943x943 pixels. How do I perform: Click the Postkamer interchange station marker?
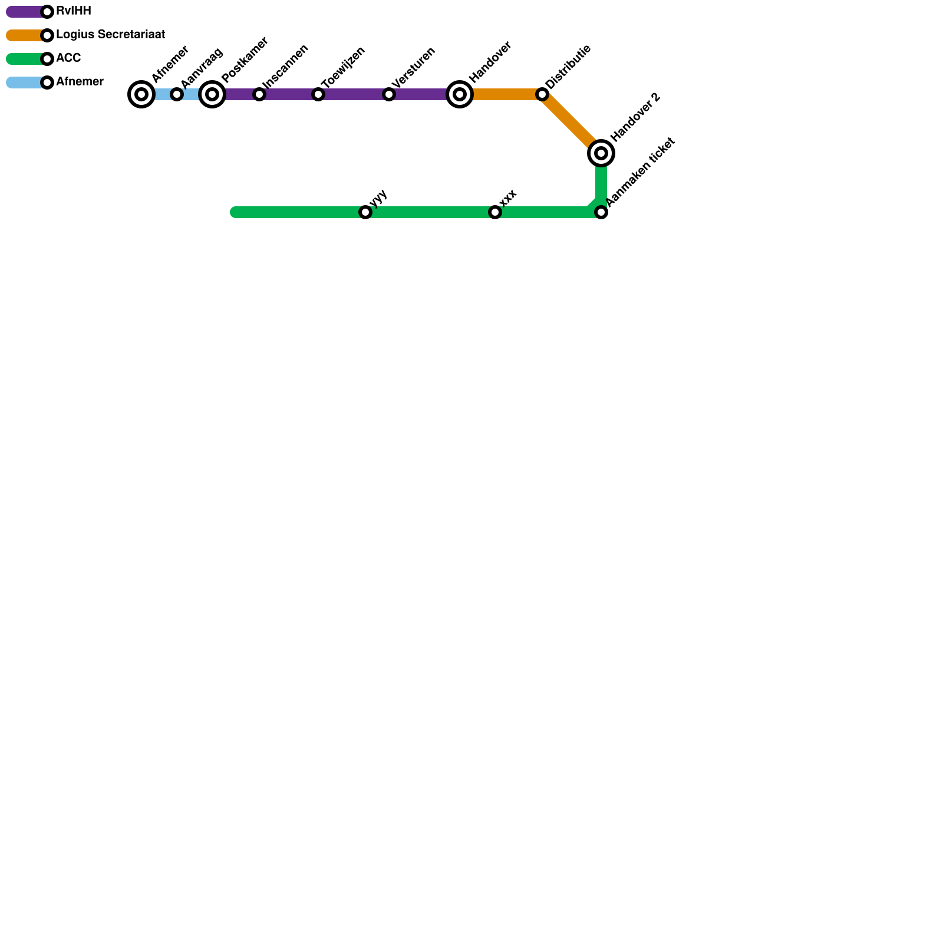pyautogui.click(x=212, y=94)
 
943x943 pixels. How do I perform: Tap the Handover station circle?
pyautogui.click(x=460, y=94)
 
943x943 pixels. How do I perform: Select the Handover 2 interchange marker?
pyautogui.click(x=601, y=153)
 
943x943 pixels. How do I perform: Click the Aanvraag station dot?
pyautogui.click(x=177, y=94)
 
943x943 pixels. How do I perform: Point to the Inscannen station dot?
pyautogui.click(x=259, y=94)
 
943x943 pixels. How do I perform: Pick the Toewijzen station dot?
pyautogui.click(x=318, y=94)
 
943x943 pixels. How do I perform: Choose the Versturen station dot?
pyautogui.click(x=389, y=94)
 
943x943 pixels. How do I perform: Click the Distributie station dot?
pyautogui.click(x=542, y=94)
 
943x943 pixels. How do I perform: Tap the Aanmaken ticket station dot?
pyautogui.click(x=601, y=212)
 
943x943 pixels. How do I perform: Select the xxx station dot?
pyautogui.click(x=495, y=212)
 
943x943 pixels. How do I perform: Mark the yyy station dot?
pyautogui.click(x=365, y=212)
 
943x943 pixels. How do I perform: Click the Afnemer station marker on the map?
pyautogui.click(x=141, y=94)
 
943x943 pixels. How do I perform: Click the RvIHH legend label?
pyautogui.click(x=74, y=11)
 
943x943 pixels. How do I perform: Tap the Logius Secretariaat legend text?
pyautogui.click(x=110, y=35)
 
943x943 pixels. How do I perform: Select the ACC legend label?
pyautogui.click(x=68, y=58)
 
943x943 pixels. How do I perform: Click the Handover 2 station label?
pyautogui.click(x=635, y=118)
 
